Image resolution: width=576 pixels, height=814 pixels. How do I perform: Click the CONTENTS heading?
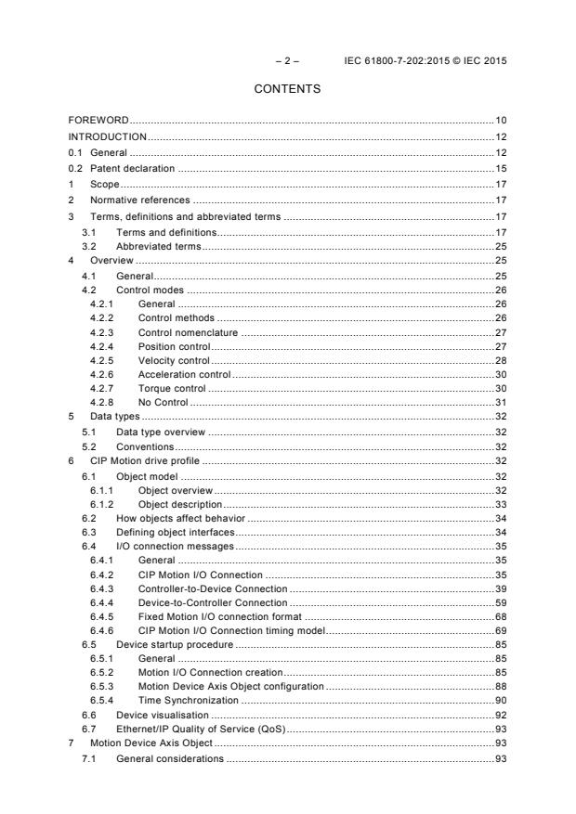pos(287,89)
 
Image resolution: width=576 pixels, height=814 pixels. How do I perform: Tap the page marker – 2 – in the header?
pos(287,61)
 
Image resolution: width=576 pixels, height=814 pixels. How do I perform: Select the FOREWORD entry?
pos(98,121)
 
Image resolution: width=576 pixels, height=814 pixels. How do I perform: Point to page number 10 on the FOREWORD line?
pos(501,121)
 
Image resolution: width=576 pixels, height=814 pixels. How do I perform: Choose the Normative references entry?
pos(139,200)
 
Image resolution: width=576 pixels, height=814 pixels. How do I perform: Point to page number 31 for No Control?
pos(501,402)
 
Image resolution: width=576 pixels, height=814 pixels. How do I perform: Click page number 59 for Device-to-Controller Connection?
pos(501,603)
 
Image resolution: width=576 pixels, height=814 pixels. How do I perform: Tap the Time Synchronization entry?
pos(188,700)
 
